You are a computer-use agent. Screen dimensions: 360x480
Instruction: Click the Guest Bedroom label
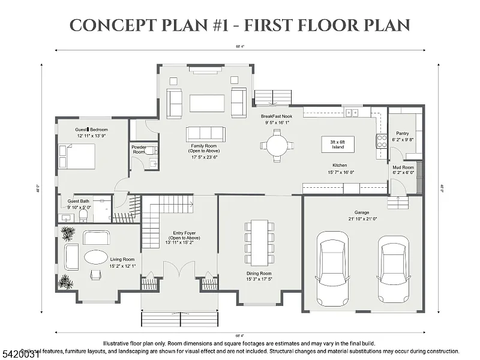click(91, 129)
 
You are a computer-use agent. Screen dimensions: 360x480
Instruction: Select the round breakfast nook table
click(277, 145)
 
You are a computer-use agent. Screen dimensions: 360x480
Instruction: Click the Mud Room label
click(403, 169)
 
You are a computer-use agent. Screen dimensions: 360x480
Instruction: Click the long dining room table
click(259, 243)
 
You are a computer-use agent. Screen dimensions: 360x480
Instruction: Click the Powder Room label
click(139, 149)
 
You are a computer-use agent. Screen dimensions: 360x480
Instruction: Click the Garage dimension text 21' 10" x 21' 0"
click(362, 219)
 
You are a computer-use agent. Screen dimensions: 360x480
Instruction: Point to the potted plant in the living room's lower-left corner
click(64, 281)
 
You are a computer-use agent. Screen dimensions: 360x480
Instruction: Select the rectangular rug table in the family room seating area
click(207, 103)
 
